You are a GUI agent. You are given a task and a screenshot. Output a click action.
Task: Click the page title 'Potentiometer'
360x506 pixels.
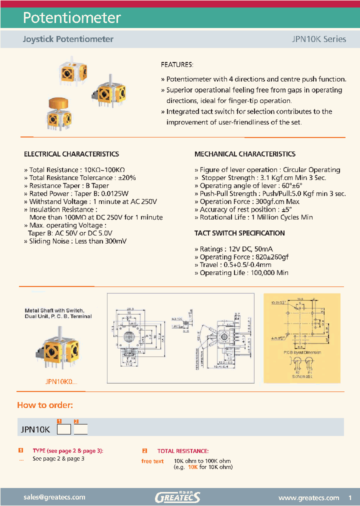72,18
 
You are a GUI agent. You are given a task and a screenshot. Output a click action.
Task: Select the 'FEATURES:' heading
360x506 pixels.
176,65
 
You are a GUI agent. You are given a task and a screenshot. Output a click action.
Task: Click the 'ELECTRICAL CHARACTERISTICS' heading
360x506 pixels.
71,154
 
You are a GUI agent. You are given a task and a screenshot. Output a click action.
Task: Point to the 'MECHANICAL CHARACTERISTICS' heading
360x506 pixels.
244,154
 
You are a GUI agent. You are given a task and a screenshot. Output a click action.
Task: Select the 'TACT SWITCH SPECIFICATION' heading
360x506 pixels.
239,233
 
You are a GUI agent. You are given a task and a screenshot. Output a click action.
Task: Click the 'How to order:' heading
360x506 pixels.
45,405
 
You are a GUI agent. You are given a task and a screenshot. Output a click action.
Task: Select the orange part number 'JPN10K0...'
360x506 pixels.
61,381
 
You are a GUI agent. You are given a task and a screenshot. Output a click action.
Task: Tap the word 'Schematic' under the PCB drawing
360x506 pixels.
301,376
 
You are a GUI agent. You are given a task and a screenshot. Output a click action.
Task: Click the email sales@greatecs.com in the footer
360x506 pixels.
54,497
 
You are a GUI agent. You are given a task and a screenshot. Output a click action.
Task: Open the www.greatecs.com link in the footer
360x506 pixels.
308,497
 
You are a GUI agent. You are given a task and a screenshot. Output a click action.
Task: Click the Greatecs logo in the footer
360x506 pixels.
177,497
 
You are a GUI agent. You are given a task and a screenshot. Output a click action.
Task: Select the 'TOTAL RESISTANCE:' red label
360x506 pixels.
183,451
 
